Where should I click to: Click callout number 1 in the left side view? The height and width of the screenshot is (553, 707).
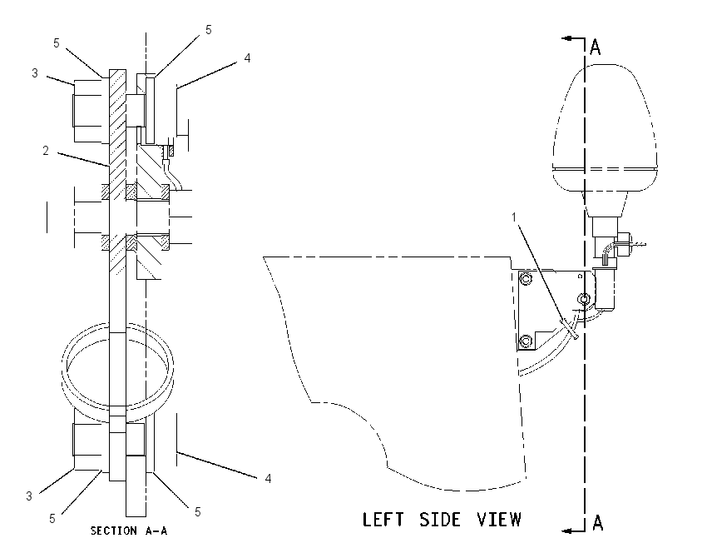[x=513, y=217]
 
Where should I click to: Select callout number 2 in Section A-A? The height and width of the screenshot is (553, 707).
[x=46, y=151]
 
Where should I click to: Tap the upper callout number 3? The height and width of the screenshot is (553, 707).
[x=35, y=73]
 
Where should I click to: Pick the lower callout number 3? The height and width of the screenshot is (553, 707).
[x=29, y=496]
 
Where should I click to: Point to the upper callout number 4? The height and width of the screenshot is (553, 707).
[x=247, y=57]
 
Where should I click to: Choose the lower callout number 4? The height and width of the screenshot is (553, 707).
[x=269, y=479]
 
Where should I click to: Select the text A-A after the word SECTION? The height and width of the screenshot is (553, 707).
[x=156, y=531]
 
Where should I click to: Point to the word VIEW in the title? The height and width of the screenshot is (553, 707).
[x=500, y=520]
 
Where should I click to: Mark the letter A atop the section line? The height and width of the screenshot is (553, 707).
[x=596, y=47]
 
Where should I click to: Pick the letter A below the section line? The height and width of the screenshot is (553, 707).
[x=597, y=523]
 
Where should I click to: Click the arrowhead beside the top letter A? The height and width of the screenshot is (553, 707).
[x=566, y=39]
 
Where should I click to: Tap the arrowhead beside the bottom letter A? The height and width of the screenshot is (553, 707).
[x=567, y=531]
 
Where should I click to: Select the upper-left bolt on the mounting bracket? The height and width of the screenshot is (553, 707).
[x=526, y=280]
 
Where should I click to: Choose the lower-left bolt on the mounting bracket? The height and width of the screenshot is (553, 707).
[x=526, y=341]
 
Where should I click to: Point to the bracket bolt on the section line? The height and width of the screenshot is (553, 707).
[x=584, y=299]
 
